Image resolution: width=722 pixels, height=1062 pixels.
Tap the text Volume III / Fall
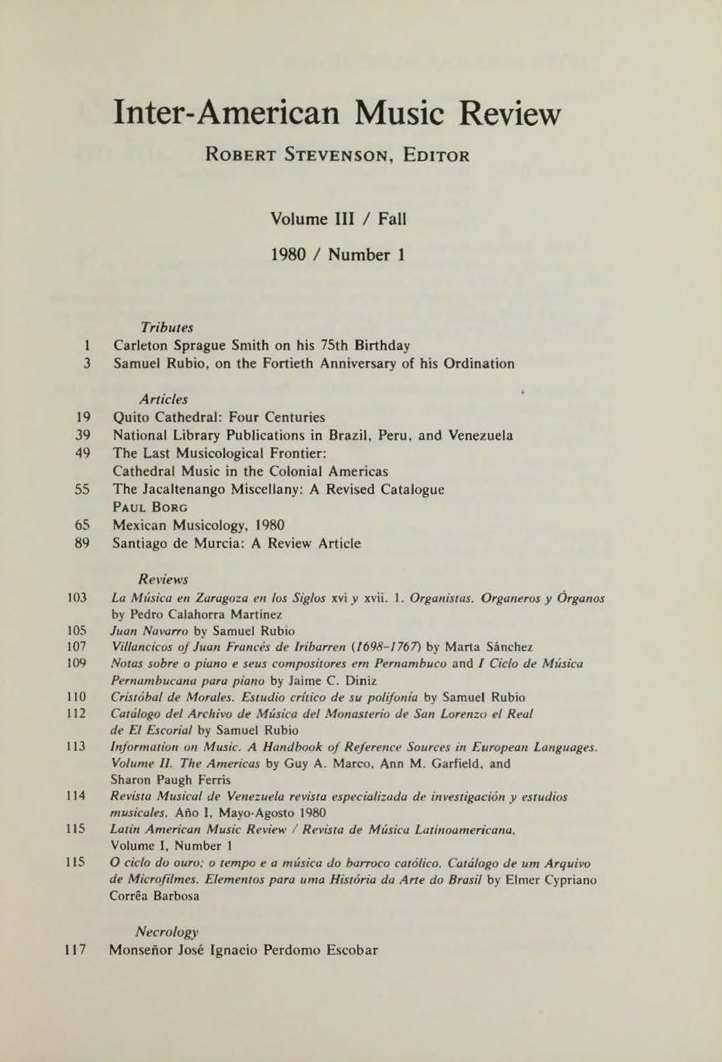coord(339,219)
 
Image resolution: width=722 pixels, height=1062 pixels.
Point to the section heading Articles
coord(163,399)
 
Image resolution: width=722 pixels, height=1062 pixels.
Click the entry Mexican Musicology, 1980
coord(199,526)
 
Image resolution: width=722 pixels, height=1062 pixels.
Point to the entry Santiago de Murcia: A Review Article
coord(237,544)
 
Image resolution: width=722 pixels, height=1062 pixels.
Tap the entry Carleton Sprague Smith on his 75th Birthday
coord(262,345)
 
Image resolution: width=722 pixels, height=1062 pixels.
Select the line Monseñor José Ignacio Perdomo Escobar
coord(244,951)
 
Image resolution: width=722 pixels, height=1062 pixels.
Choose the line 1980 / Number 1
coord(339,255)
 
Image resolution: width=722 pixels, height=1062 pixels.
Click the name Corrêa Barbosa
coord(154,897)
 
